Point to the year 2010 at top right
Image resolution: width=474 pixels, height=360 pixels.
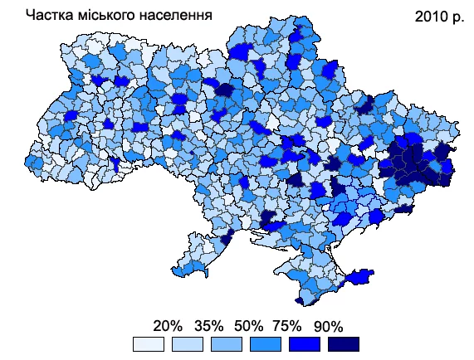(431, 16)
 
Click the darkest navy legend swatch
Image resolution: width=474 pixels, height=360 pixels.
(343, 344)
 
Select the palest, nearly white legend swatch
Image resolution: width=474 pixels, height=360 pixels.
(148, 344)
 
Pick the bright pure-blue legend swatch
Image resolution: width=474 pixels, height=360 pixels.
(304, 344)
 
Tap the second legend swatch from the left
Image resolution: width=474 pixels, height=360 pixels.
(187, 344)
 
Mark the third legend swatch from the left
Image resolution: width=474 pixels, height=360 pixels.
(226, 344)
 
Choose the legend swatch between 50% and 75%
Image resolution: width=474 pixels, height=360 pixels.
(265, 344)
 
